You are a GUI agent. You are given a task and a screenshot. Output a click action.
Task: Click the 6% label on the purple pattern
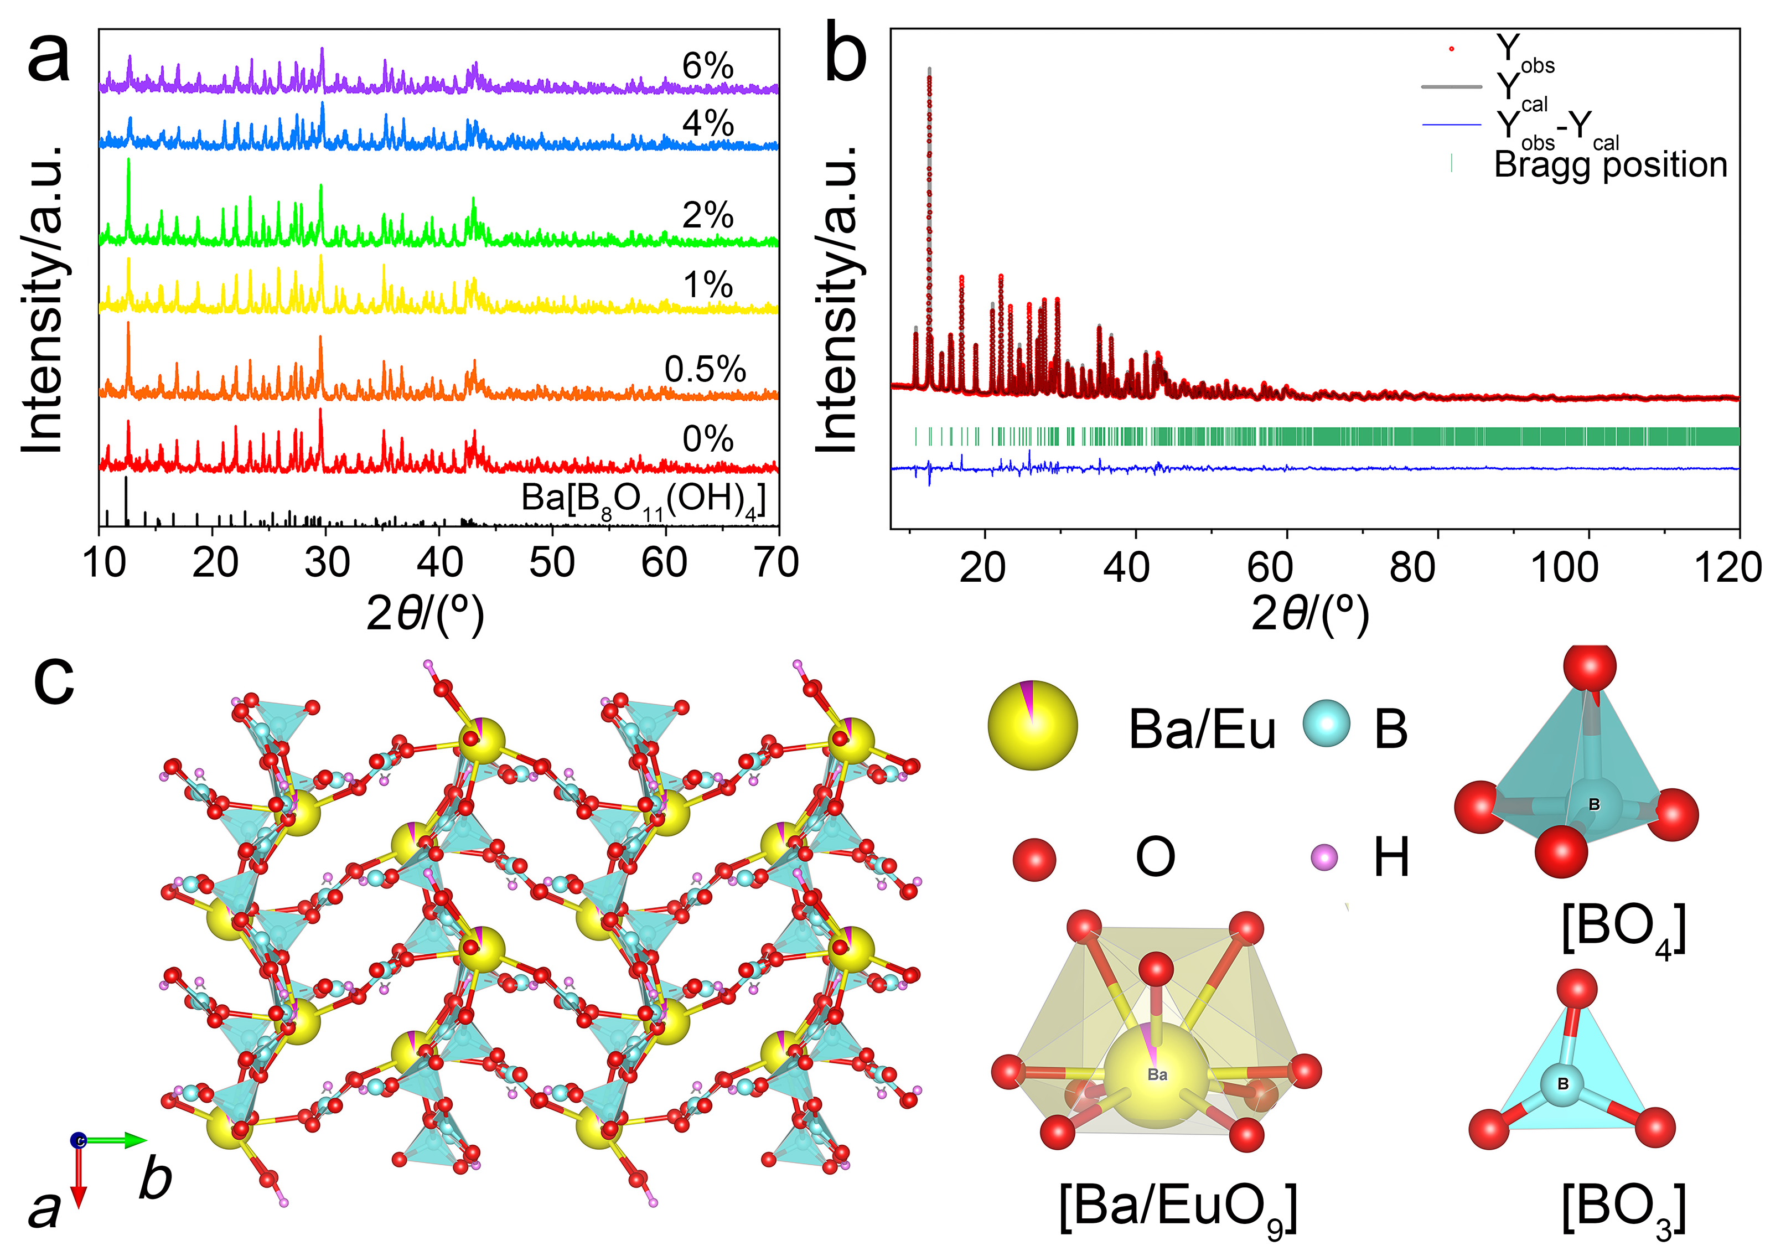click(707, 66)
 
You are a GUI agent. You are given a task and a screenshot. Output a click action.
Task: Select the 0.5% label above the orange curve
click(705, 369)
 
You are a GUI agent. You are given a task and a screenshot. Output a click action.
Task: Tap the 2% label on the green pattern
click(707, 215)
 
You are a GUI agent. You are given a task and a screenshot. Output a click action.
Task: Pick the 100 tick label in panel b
click(1564, 567)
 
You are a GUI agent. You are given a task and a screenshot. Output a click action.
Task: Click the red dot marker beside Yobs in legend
click(1451, 49)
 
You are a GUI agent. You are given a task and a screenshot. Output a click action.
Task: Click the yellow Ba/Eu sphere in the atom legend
click(1032, 725)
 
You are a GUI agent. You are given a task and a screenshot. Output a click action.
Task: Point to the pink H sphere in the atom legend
click(1324, 858)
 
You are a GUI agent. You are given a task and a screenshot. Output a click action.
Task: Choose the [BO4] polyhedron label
click(1623, 928)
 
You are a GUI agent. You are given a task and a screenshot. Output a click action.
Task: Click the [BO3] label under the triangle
click(1623, 1208)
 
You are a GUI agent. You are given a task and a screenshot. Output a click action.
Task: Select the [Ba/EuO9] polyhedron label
click(1178, 1208)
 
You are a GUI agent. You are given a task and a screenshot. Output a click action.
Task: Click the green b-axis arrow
click(117, 1140)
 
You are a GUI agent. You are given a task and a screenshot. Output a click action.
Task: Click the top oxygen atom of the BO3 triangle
click(1576, 989)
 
